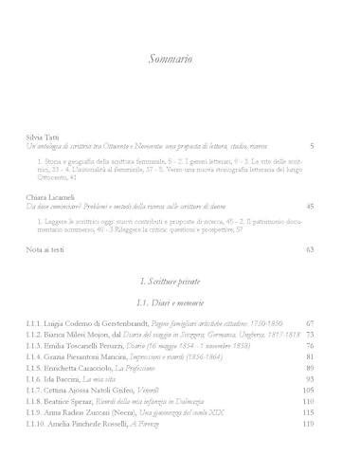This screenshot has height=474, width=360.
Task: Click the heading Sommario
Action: [x=171, y=60]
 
